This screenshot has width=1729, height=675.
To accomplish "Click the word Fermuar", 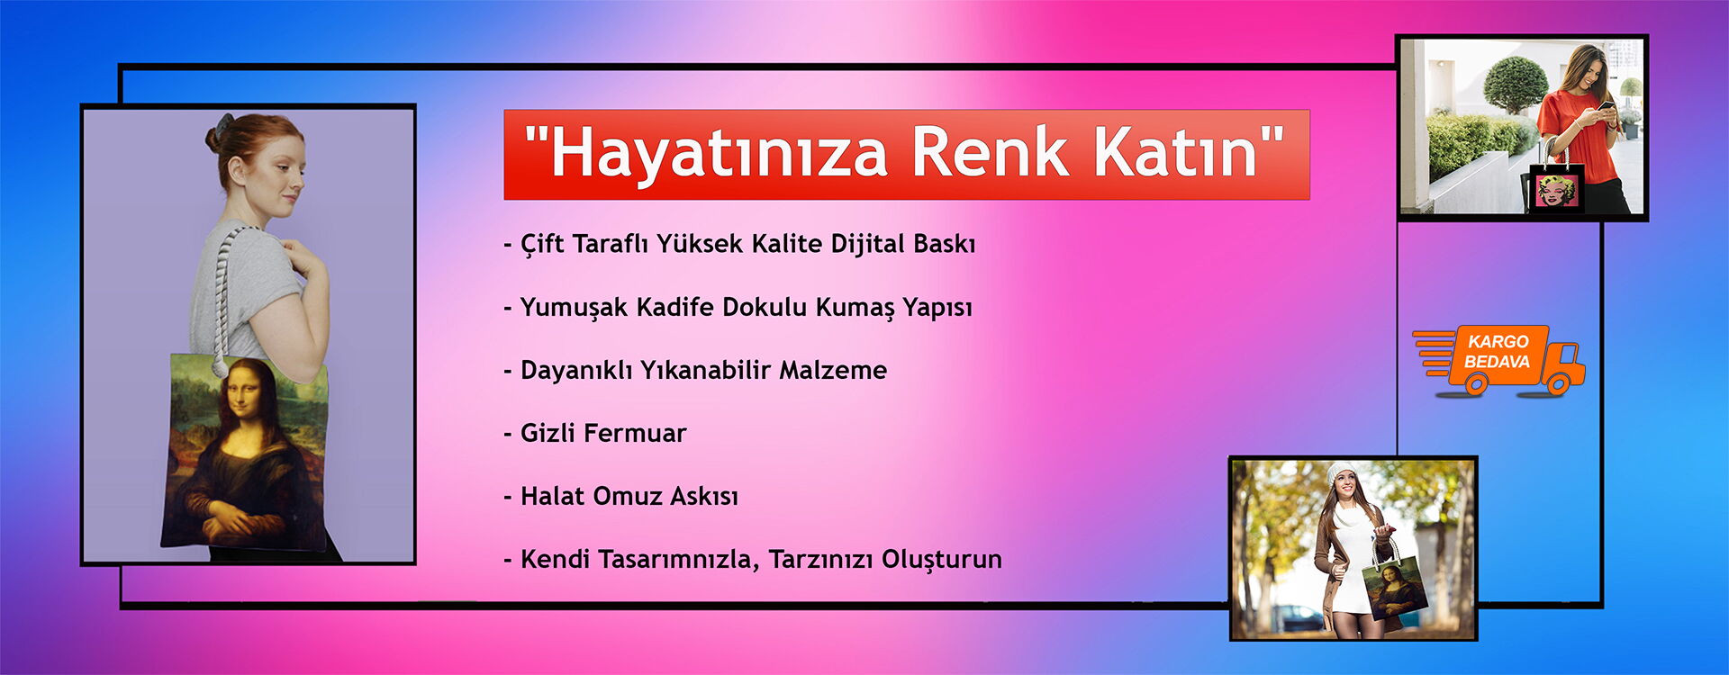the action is point(635,433).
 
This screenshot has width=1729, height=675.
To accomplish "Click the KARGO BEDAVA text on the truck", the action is point(1498,352).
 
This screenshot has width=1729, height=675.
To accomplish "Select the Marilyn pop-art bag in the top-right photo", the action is point(1556,189).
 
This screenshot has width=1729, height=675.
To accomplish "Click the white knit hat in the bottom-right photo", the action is point(1343,472).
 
